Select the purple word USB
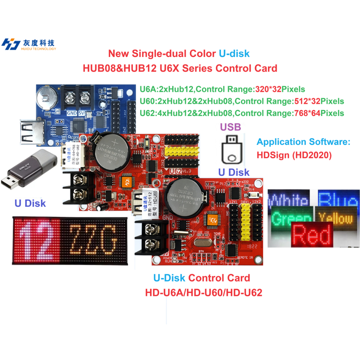[x=230, y=127]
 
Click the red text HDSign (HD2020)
[x=294, y=155]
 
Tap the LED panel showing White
[x=288, y=199]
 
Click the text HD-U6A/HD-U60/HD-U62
[x=204, y=292]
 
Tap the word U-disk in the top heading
[x=234, y=53]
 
